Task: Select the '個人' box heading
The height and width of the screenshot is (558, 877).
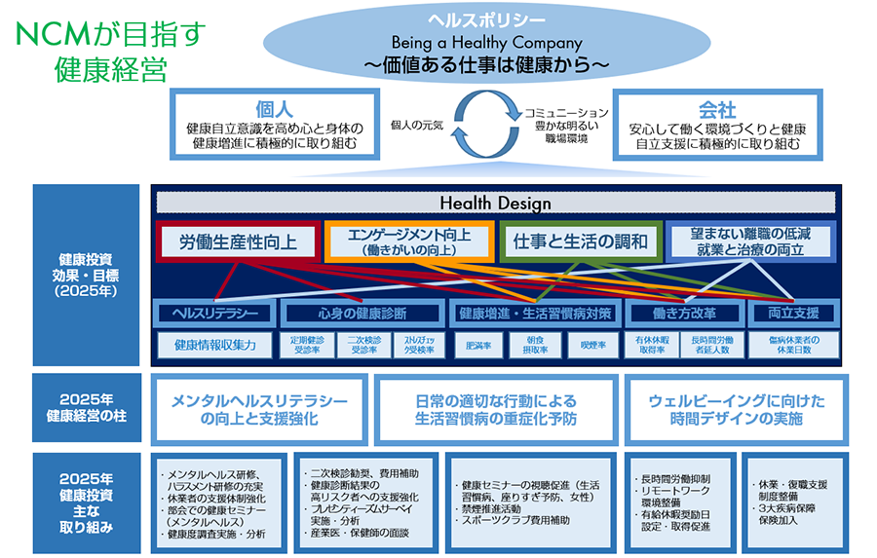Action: pos(276,109)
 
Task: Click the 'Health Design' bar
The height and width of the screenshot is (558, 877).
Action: pos(495,204)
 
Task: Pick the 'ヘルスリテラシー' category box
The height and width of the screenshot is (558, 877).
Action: pos(214,314)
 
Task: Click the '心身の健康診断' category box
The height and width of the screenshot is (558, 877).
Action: pos(362,314)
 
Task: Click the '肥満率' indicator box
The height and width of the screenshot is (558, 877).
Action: pos(478,345)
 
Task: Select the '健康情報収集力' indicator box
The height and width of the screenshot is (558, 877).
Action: pos(215,345)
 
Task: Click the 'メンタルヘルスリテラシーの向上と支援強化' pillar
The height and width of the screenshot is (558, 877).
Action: pos(259,410)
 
